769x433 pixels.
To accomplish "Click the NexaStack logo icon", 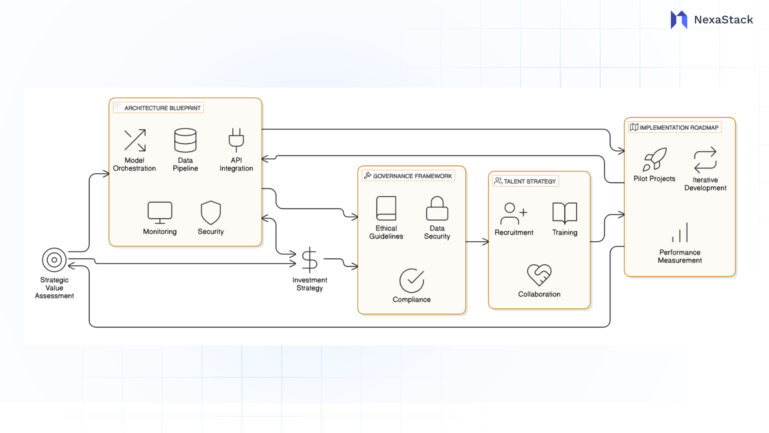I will (679, 20).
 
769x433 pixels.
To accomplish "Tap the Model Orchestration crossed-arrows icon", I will (135, 140).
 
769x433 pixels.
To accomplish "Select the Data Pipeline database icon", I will (185, 140).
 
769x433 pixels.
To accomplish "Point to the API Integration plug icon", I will (236, 140).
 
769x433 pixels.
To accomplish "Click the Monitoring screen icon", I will (160, 212).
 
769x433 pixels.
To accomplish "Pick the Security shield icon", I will (211, 212).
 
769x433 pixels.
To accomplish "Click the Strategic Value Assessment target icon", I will (54, 260).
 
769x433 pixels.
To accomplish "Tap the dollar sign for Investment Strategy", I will (310, 260).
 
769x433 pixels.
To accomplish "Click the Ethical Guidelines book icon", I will (386, 208).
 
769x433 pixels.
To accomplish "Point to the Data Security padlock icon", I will (437, 208).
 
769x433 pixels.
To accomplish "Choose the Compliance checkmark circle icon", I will (412, 280).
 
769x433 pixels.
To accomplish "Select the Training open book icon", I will (565, 213).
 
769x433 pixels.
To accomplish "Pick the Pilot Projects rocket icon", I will (654, 159).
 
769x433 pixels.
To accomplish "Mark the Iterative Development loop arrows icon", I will (705, 160).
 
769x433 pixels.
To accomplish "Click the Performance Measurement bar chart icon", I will (680, 233).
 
